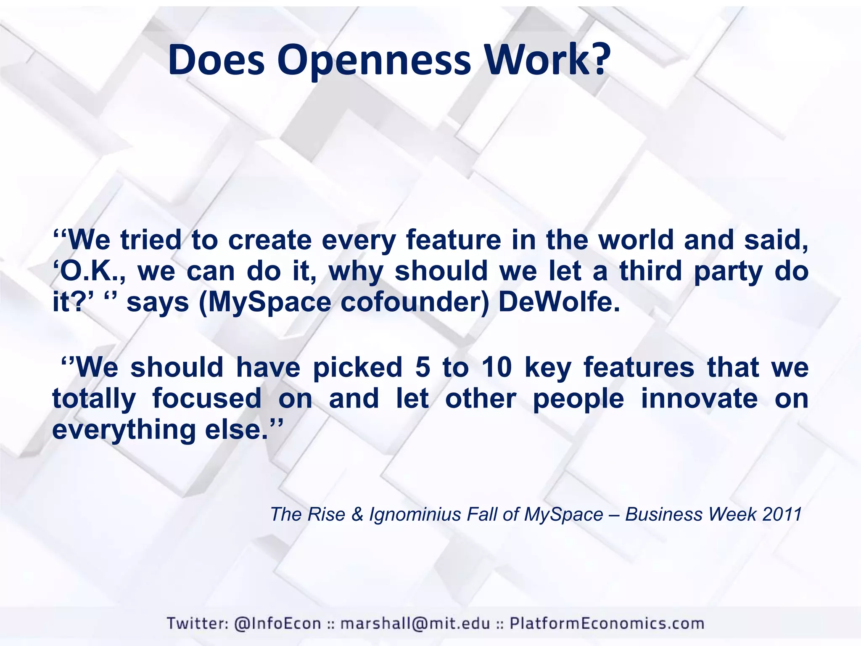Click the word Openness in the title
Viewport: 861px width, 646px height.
click(374, 61)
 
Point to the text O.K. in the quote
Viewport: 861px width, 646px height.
click(91, 271)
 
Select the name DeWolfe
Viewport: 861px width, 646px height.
click(559, 302)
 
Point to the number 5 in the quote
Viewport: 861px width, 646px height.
click(423, 367)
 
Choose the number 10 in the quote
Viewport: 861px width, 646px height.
click(497, 367)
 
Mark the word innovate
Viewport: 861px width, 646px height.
click(699, 399)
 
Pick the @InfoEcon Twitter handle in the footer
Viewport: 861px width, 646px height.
click(277, 623)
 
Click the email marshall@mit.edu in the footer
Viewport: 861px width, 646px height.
click(415, 623)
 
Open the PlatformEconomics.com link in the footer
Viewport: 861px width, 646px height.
click(607, 623)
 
